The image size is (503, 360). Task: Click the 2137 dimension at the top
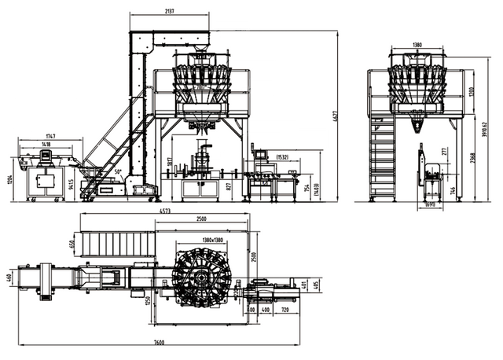point(169,11)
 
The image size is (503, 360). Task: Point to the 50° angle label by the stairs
point(119,171)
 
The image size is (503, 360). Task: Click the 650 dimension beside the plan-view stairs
point(72,244)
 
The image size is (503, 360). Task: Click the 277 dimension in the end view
point(444,150)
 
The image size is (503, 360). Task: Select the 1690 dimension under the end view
point(430,205)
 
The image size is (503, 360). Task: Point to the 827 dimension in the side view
point(229,186)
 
